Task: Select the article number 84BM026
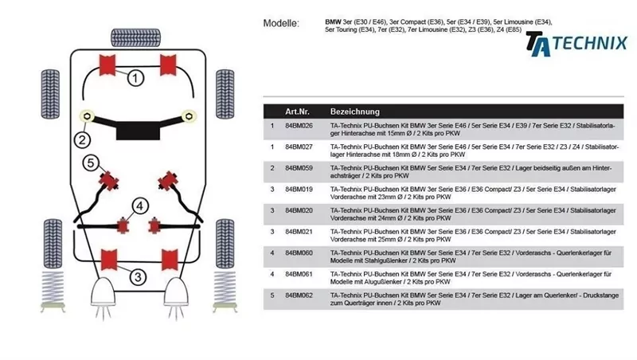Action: [299, 126]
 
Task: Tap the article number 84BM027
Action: [299, 147]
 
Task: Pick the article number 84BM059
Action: [299, 168]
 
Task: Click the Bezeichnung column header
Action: [354, 112]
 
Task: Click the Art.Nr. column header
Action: [298, 112]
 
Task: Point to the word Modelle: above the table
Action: [281, 23]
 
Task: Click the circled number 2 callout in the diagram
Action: [82, 140]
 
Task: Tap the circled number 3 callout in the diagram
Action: [137, 277]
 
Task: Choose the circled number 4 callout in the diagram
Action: [139, 206]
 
